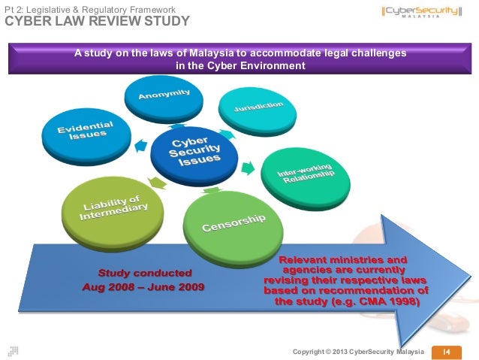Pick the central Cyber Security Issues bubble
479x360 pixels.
195,151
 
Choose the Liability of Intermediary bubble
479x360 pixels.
114,208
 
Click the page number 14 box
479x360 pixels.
444,352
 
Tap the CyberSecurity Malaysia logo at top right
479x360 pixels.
424,14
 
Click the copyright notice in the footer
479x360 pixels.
360,352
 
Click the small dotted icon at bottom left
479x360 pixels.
12,349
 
